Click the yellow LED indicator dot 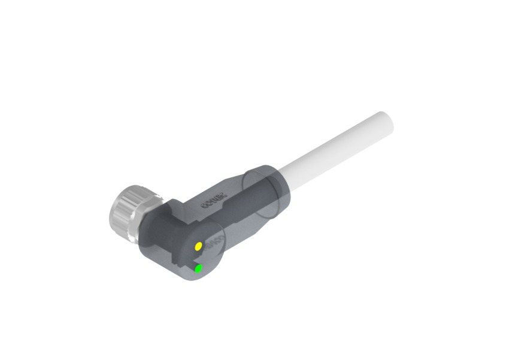[198, 246]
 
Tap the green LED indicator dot [198, 269]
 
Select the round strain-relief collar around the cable [263, 190]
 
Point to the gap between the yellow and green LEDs [198, 258]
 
